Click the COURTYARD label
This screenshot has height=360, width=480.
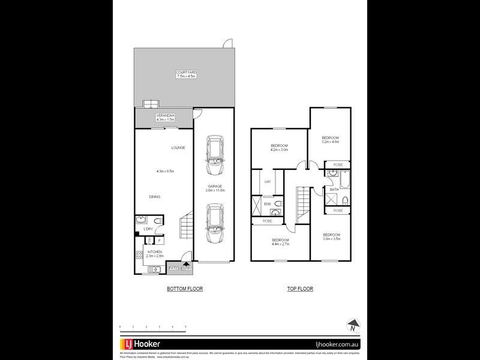point(187,74)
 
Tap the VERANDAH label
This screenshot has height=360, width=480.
point(164,117)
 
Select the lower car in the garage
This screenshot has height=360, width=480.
point(214,223)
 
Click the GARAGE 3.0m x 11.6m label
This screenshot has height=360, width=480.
point(214,188)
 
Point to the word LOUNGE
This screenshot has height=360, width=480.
point(178,148)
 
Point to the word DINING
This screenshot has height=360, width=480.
point(155,196)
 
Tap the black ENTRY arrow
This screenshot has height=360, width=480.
point(187,262)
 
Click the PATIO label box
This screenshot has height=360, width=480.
point(174,268)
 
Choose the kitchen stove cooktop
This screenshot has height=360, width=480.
point(139,257)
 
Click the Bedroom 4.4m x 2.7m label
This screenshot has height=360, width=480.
point(280,242)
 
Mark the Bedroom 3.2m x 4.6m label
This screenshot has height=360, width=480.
point(331,140)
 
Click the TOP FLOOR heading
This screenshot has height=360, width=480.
point(300,289)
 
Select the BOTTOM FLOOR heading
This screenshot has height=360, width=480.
point(185,289)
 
